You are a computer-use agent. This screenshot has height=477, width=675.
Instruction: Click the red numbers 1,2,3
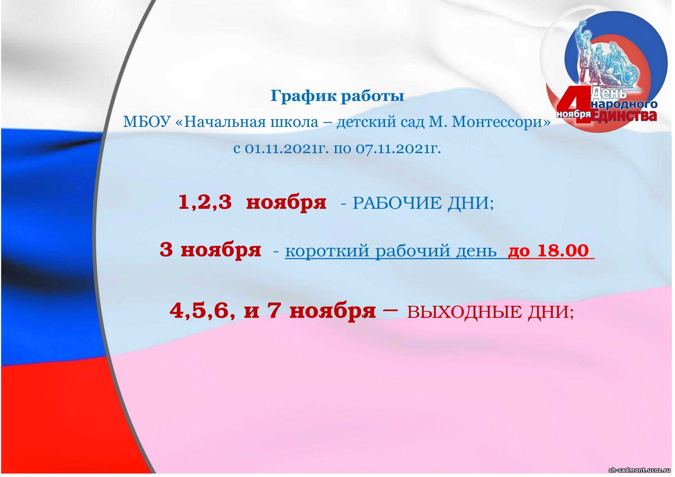click(205, 202)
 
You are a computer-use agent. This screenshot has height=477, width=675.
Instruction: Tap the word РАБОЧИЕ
click(397, 203)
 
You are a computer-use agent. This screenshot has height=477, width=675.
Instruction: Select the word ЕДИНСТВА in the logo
click(624, 116)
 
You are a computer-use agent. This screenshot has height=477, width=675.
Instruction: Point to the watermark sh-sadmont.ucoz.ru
click(640, 470)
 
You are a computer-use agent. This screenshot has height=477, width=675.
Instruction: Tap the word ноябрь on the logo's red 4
click(573, 115)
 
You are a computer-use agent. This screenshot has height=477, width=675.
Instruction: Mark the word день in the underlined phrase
click(476, 251)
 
